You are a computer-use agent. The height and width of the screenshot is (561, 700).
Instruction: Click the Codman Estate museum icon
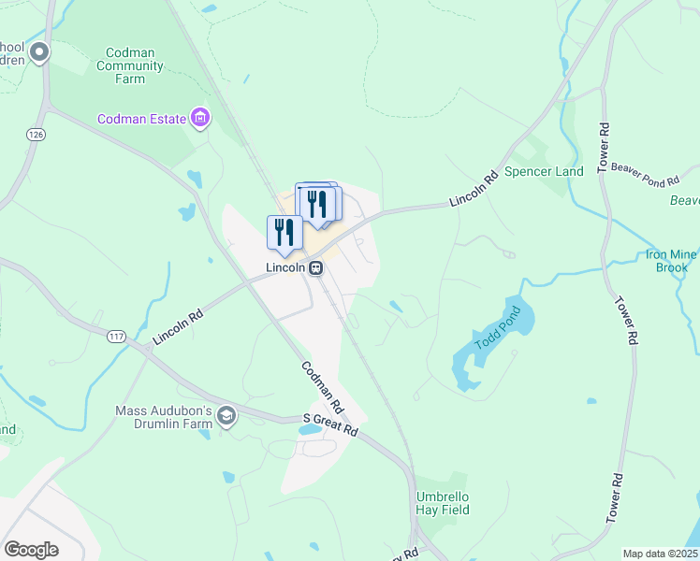199,119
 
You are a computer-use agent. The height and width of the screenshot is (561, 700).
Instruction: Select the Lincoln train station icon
316,267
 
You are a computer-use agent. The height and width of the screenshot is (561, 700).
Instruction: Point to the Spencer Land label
544,171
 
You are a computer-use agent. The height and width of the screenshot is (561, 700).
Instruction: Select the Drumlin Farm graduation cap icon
226,415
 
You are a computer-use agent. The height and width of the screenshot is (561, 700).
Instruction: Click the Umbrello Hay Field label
443,503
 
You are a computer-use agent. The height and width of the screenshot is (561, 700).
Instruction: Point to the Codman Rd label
323,389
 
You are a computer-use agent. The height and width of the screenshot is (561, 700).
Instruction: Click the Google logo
31,549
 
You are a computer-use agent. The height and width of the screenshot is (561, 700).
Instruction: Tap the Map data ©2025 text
660,554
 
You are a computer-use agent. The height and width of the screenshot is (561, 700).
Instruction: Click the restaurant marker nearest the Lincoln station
284,234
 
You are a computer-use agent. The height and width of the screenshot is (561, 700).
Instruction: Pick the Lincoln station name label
285,267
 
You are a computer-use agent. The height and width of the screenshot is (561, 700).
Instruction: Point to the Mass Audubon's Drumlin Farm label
164,417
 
